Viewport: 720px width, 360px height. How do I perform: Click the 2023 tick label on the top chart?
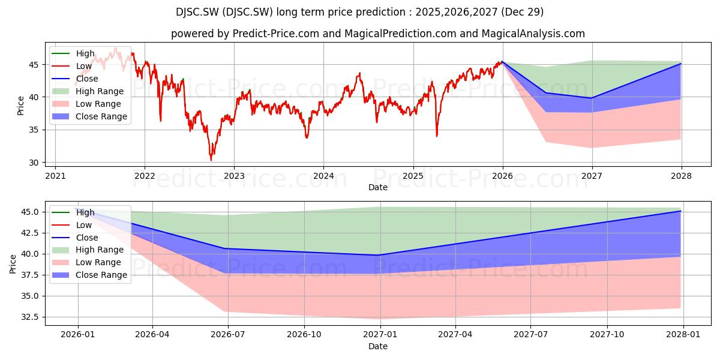tap(234, 176)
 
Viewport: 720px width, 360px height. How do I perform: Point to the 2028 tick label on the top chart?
tap(682, 176)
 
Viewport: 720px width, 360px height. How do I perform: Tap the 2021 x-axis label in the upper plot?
tap(55, 176)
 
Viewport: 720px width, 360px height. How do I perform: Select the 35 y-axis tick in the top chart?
tap(34, 130)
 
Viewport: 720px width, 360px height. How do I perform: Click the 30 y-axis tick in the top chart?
tap(34, 163)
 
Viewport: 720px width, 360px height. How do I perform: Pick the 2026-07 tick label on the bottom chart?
tap(228, 335)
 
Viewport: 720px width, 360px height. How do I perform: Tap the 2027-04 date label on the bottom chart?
tap(455, 335)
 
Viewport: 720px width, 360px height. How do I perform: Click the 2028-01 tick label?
tap(683, 335)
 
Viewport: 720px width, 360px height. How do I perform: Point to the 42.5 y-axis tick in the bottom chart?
tap(30, 233)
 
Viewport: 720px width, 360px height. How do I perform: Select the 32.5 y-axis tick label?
tap(30, 317)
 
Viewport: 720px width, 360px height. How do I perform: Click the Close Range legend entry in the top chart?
tap(89, 116)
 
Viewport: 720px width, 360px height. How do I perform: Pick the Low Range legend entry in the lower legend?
tap(86, 262)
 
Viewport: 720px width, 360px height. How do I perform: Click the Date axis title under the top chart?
tap(378, 187)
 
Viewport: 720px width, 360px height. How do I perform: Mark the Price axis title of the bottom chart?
tap(13, 264)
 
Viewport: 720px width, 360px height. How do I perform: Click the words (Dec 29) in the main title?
tap(523, 12)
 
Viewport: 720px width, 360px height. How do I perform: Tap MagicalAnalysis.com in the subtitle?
tap(533, 34)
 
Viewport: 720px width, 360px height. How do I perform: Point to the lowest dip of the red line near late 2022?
tap(211, 160)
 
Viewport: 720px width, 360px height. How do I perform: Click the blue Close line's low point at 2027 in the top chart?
tap(592, 98)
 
